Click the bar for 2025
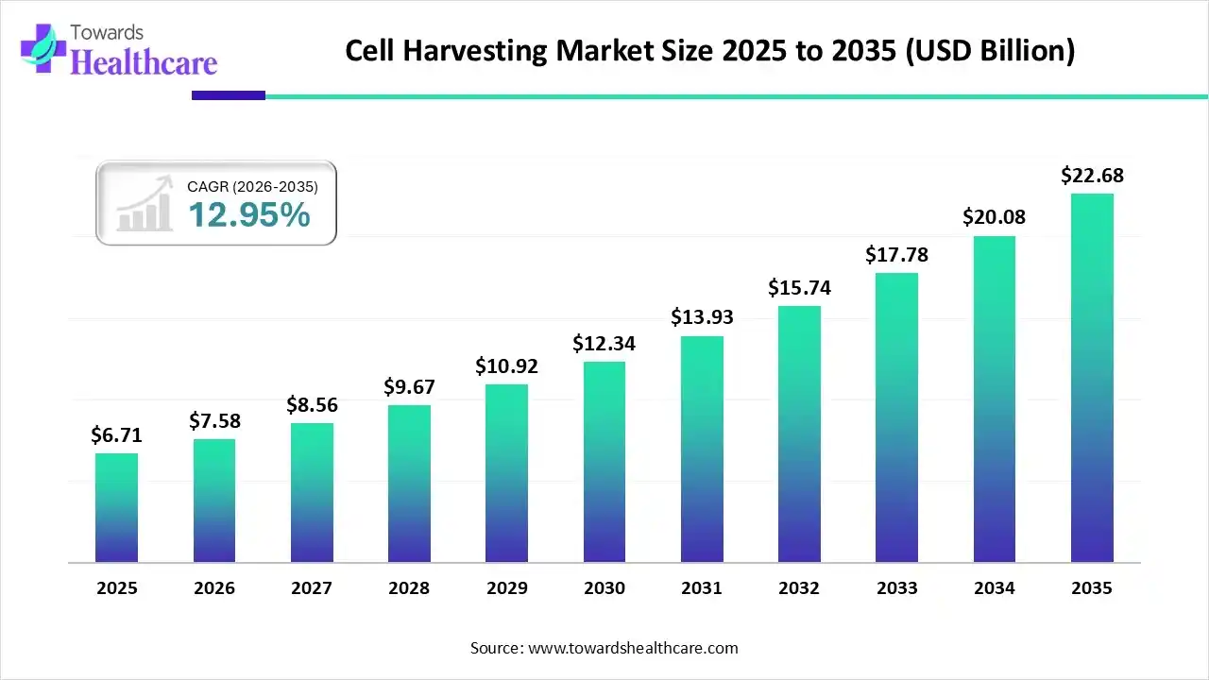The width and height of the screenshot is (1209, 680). pos(116,508)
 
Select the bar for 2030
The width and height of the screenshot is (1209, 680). pos(604,462)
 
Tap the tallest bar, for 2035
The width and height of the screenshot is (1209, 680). pos(1092,378)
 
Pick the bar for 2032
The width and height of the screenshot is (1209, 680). pos(799,434)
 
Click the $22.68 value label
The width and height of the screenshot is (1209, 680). pos(1092,176)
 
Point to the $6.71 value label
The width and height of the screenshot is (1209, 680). pos(116,434)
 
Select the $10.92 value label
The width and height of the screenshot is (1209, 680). pos(506,365)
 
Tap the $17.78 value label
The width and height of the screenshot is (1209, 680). pos(896,254)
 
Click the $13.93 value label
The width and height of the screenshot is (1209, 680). pos(702,317)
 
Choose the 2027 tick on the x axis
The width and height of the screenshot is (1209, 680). pos(312,588)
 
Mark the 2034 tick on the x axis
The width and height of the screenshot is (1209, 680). pos(995,588)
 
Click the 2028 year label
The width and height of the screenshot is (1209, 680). pos(409,588)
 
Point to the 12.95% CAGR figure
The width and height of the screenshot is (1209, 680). pos(248,215)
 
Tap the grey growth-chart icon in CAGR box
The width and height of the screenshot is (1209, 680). pos(145,204)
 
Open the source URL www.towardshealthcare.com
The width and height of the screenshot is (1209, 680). pos(631,648)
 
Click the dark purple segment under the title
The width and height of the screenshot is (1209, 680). pos(229,95)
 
